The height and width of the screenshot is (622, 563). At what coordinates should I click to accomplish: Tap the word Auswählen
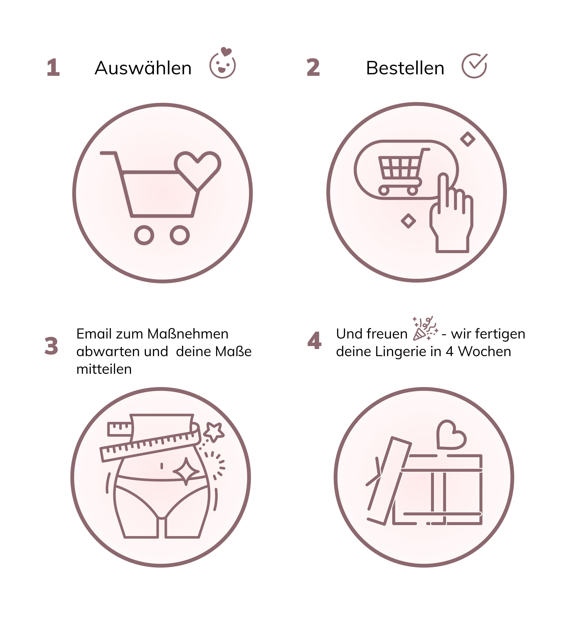143,68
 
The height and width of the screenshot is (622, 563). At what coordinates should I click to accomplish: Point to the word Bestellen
405,68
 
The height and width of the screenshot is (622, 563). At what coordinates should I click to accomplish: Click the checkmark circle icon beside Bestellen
474,66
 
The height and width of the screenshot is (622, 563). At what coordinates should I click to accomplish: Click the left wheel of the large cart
144,235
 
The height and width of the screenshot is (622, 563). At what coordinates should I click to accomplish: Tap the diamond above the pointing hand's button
468,139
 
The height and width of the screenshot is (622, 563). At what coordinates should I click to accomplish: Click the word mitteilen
104,369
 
